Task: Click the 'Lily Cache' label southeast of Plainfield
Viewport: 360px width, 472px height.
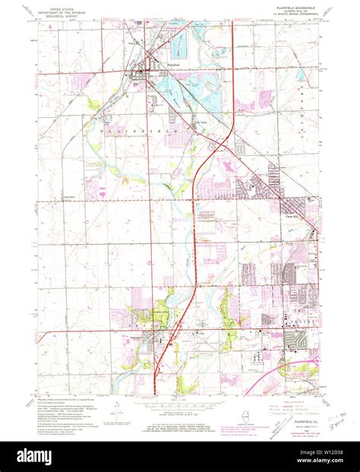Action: click(x=202, y=122)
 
